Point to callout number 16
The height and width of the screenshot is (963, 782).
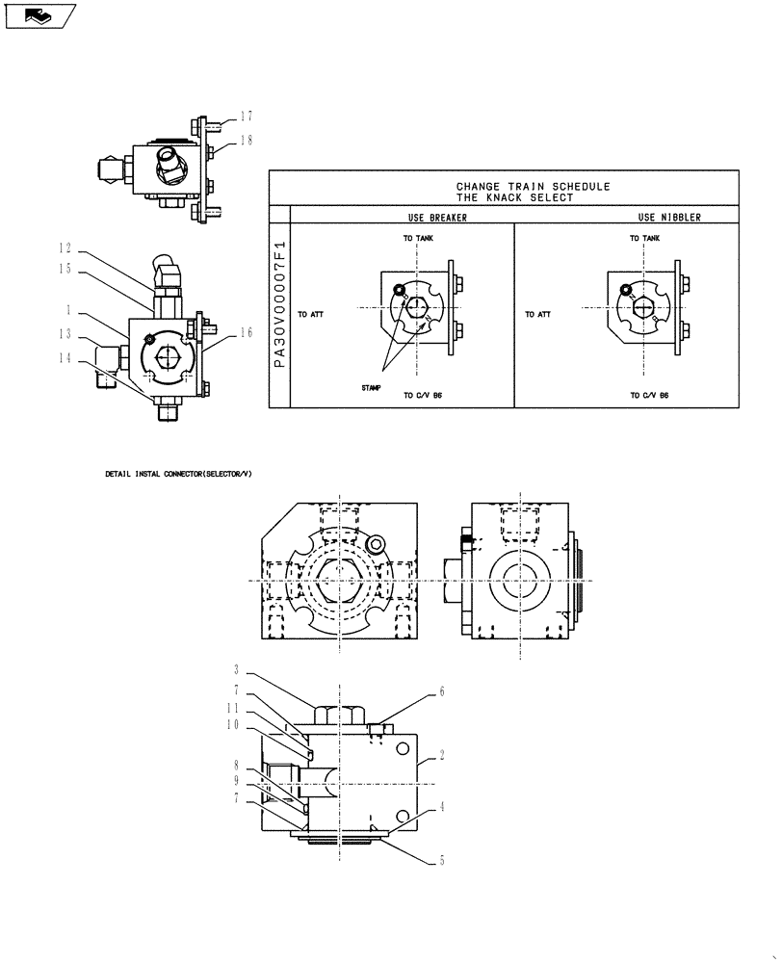(247, 332)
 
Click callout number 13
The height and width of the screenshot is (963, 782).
(65, 334)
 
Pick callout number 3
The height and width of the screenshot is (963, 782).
(236, 669)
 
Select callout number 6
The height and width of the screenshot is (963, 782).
(442, 691)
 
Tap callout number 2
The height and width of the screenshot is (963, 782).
(442, 757)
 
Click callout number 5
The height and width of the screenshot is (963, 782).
(442, 861)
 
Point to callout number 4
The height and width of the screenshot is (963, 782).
(442, 808)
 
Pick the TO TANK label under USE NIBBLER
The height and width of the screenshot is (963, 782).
(644, 238)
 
